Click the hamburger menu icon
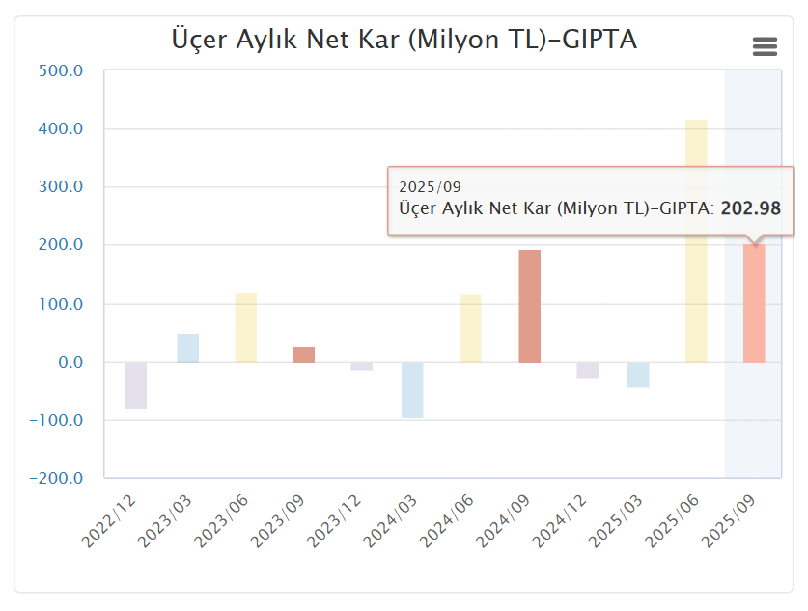point(765,46)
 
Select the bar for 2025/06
point(696,241)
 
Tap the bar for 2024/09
point(529,306)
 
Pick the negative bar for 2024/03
point(412,390)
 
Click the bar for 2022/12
point(136,385)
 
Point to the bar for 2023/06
point(246,328)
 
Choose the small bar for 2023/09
point(303,354)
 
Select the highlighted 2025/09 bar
point(754,304)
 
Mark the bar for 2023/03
point(188,348)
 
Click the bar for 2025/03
point(638,375)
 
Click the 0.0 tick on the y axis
point(70,362)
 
